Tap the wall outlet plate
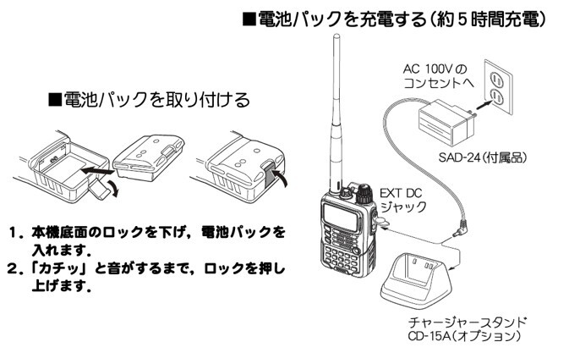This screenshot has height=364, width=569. coord(495,85)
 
